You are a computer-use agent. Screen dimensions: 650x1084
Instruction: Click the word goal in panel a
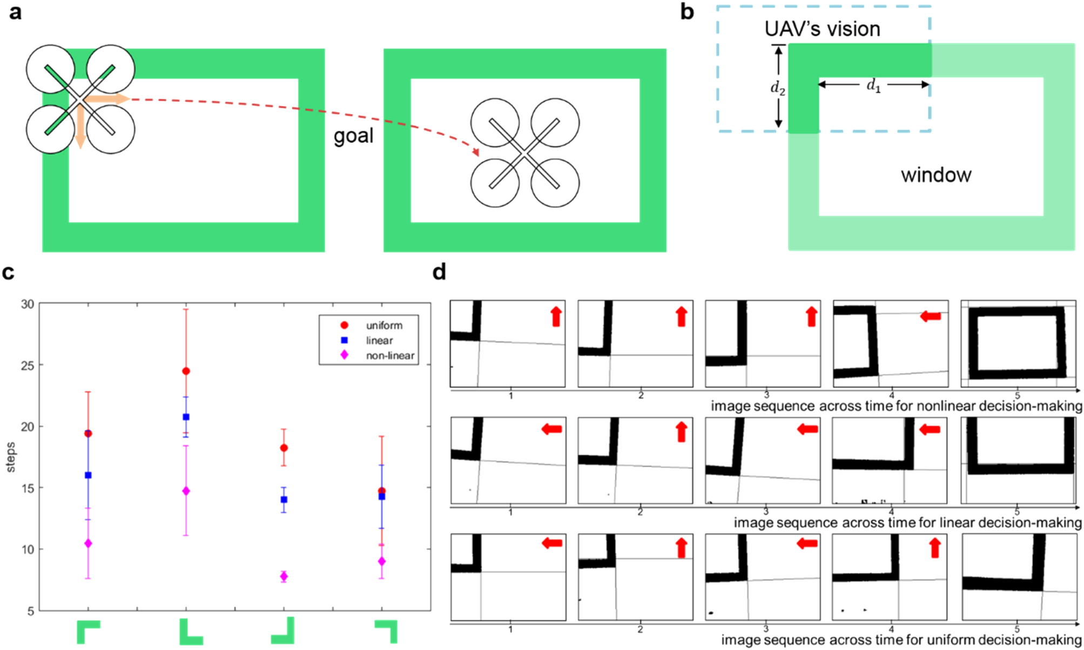pyautogui.click(x=353, y=136)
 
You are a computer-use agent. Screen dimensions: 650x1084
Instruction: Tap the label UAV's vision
pyautogui.click(x=822, y=29)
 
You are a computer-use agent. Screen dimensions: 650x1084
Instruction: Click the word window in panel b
pyautogui.click(x=935, y=175)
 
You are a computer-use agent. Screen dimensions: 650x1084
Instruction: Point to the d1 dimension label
pyautogui.click(x=873, y=85)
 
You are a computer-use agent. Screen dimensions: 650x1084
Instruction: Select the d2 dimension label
pyautogui.click(x=777, y=88)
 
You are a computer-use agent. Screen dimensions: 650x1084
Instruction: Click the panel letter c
pyautogui.click(x=8, y=272)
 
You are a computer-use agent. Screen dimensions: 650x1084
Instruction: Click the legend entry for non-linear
pyautogui.click(x=389, y=356)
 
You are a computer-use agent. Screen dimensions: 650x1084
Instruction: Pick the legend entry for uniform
pyautogui.click(x=383, y=326)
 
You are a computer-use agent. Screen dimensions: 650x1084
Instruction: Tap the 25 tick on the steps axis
pyautogui.click(x=27, y=365)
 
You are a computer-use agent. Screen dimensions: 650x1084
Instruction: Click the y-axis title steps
pyautogui.click(x=10, y=457)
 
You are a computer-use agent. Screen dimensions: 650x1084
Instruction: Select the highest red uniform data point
pyautogui.click(x=186, y=371)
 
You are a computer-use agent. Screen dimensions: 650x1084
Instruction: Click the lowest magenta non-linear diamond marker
pyautogui.click(x=284, y=577)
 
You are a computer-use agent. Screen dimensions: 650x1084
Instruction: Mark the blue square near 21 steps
pyautogui.click(x=186, y=417)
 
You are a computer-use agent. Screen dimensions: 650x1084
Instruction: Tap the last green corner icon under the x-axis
pyautogui.click(x=386, y=631)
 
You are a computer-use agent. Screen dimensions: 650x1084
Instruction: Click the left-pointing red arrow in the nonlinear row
pyautogui.click(x=930, y=316)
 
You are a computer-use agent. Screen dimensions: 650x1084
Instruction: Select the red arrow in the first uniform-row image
pyautogui.click(x=551, y=543)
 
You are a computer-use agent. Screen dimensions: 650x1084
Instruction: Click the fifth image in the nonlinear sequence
pyautogui.click(x=1018, y=343)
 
